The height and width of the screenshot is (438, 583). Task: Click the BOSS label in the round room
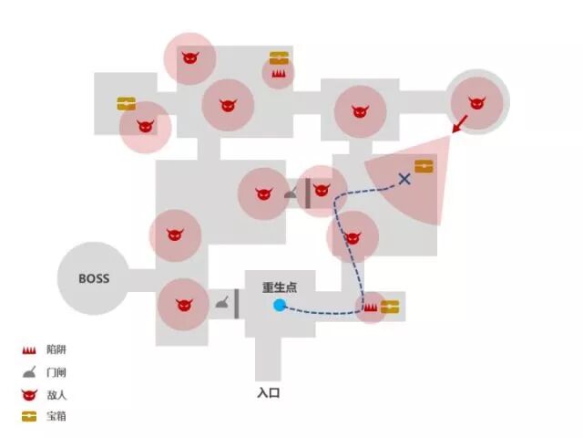[x=94, y=278]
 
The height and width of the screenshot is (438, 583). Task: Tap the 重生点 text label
[x=281, y=287]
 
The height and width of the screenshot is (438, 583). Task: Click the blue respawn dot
[x=280, y=306]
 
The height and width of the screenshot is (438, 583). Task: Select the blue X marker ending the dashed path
[x=404, y=179]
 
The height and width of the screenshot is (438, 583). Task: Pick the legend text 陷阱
[x=56, y=350]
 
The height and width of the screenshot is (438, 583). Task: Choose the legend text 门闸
[x=56, y=372]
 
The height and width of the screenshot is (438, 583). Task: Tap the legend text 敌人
[x=56, y=395]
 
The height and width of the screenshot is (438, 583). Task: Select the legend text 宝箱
[x=56, y=417]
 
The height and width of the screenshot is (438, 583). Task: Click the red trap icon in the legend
[x=29, y=350]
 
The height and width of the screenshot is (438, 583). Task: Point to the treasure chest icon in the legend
[x=29, y=417]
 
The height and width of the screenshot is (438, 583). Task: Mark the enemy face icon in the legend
[x=29, y=395]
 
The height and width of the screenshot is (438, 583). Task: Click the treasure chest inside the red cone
[x=424, y=167]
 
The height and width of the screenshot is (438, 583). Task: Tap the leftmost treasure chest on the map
[x=127, y=104]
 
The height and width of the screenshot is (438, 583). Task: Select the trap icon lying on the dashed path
[x=371, y=308]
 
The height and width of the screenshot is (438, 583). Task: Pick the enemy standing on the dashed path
[x=353, y=237]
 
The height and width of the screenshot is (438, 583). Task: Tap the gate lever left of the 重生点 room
[x=222, y=304]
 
